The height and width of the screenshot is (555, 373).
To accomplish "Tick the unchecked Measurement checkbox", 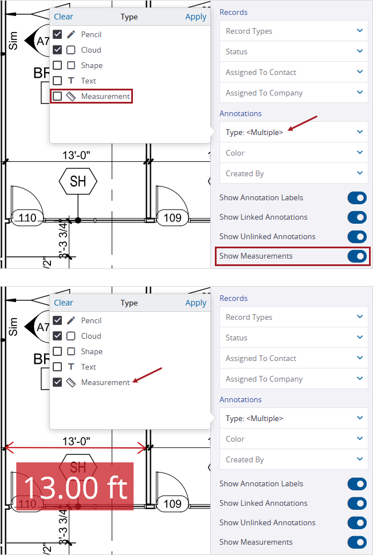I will pyautogui.click(x=57, y=97).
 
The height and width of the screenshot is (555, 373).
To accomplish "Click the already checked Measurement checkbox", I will pyautogui.click(x=57, y=382).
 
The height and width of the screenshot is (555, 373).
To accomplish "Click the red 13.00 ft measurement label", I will pyautogui.click(x=74, y=486).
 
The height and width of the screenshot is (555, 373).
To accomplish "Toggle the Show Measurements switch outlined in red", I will pyautogui.click(x=357, y=256).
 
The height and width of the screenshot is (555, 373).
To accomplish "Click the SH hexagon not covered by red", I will pyautogui.click(x=78, y=181).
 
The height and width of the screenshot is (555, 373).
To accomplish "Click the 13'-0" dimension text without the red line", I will pyautogui.click(x=77, y=154).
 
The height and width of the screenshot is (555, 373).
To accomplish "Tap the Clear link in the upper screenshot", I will pyautogui.click(x=64, y=17).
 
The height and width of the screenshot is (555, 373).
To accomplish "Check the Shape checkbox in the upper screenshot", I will pyautogui.click(x=57, y=65).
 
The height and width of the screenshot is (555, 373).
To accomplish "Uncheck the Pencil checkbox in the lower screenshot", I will pyautogui.click(x=57, y=320).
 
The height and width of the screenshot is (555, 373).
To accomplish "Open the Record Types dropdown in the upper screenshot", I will pyautogui.click(x=293, y=31).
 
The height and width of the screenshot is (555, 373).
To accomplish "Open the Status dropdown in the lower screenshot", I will pyautogui.click(x=293, y=338).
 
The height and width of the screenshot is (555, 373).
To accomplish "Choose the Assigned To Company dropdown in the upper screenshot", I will pyautogui.click(x=293, y=93).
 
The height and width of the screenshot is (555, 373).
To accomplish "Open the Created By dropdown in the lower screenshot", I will pyautogui.click(x=293, y=459).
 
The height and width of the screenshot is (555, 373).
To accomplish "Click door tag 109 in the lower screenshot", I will pyautogui.click(x=172, y=504).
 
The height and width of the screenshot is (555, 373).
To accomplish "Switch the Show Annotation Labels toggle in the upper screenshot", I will pyautogui.click(x=357, y=197).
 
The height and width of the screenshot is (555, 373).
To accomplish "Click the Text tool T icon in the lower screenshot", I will pyautogui.click(x=71, y=367).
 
